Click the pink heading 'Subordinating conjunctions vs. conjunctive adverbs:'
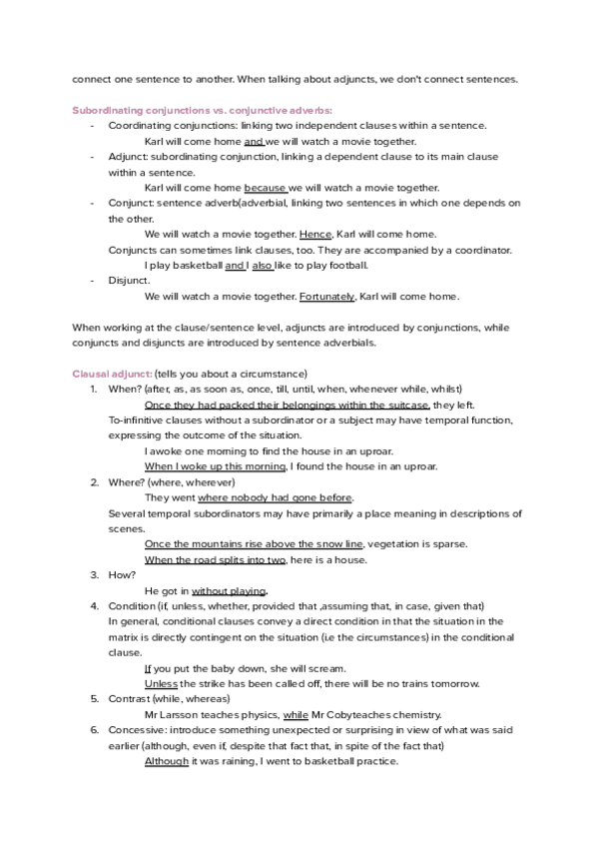pos(203,109)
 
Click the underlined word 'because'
pos(265,187)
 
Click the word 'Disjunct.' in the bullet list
pos(129,281)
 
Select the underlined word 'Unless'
pos(161,683)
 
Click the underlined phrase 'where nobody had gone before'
pos(276,496)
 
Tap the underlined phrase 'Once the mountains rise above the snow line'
pos(255,543)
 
